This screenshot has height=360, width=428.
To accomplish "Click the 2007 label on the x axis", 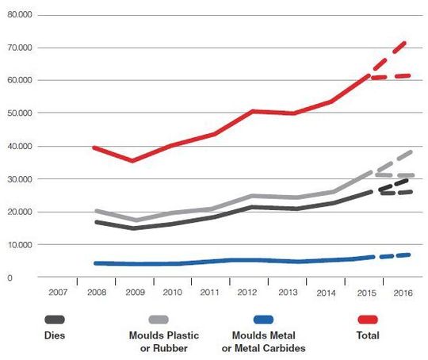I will point(58,293).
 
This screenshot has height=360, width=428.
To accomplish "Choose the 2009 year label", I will point(135,293).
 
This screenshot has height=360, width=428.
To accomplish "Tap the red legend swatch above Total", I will point(373,319).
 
